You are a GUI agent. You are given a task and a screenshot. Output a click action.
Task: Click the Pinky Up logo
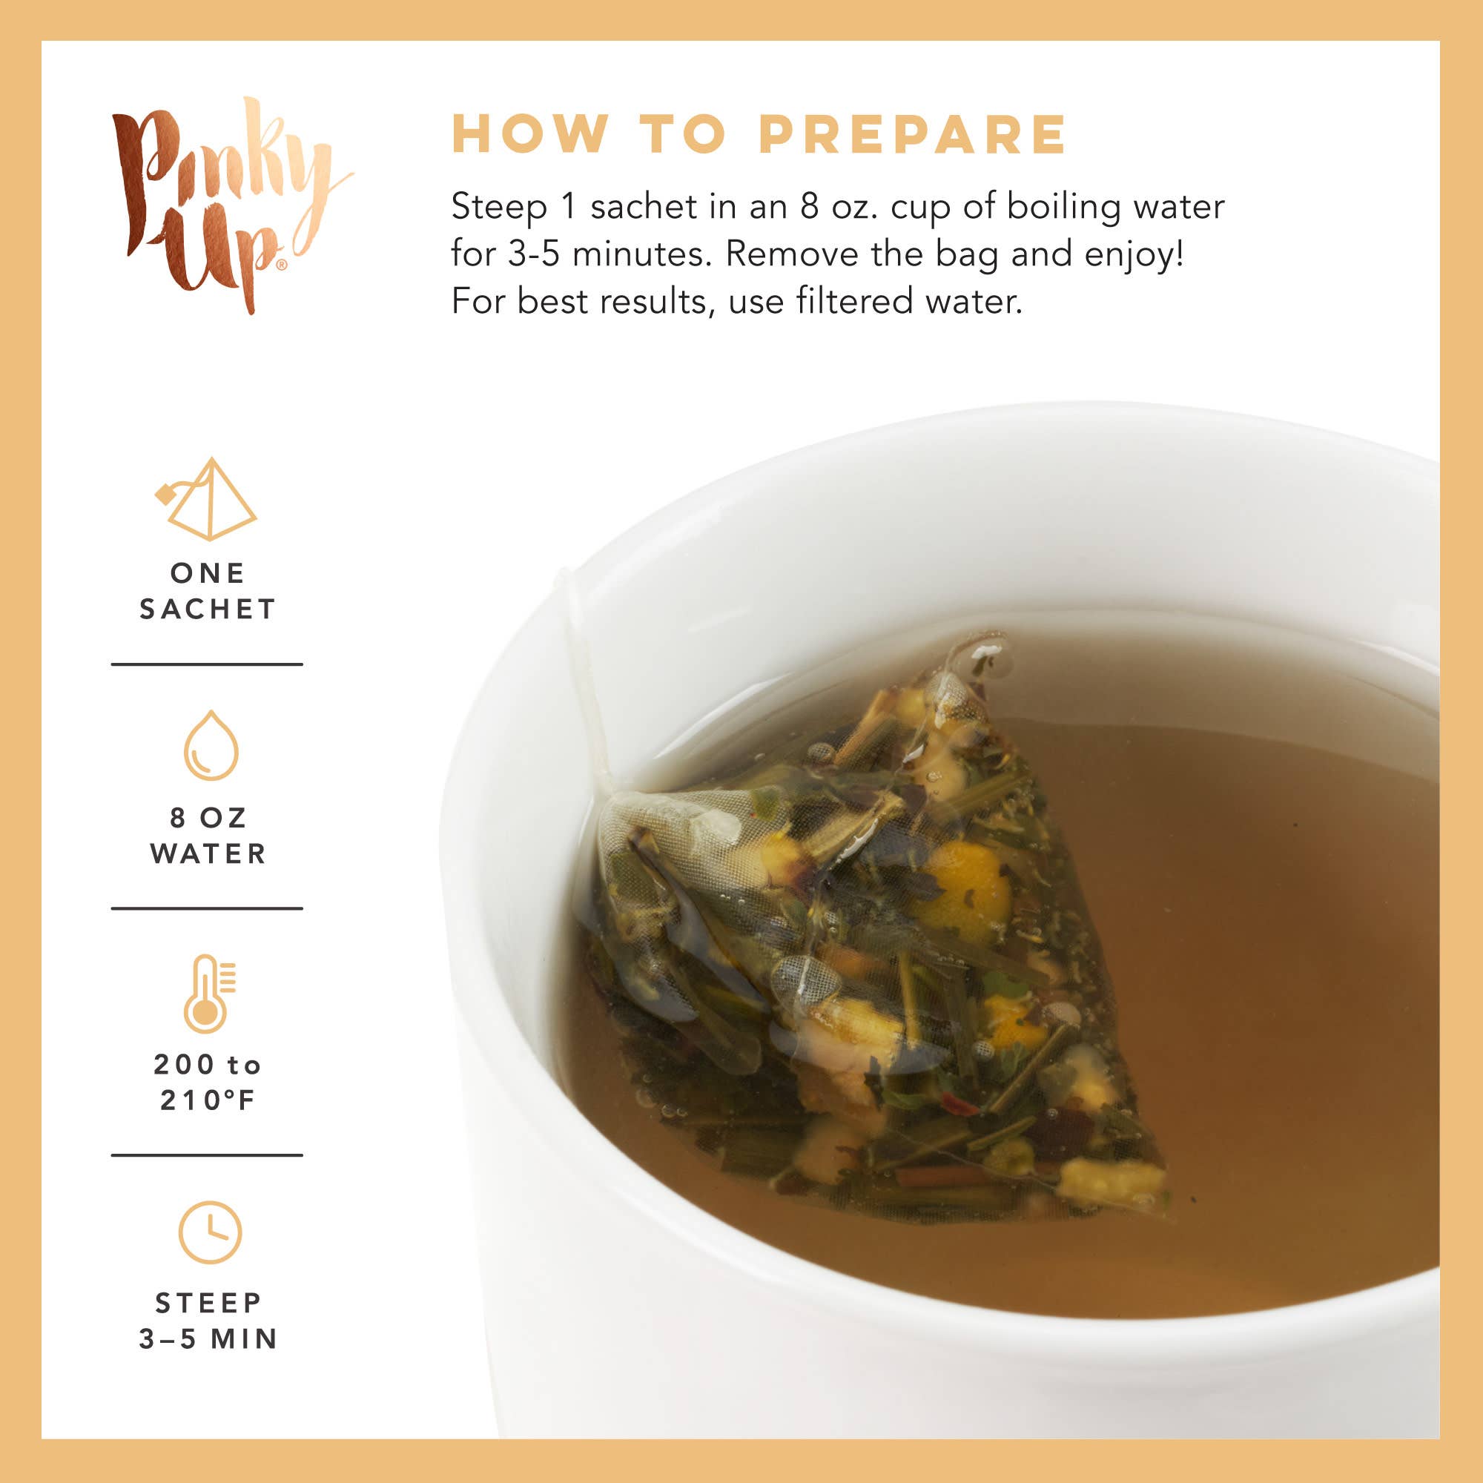click(x=226, y=205)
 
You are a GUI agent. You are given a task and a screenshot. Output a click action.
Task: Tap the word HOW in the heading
click(x=529, y=135)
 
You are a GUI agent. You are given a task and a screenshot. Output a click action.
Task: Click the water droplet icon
click(x=211, y=745)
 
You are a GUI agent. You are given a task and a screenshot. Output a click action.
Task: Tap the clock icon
click(x=210, y=1232)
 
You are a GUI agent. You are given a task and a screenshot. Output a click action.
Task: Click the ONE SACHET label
click(x=208, y=591)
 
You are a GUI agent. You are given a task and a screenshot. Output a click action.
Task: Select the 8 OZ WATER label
click(x=208, y=836)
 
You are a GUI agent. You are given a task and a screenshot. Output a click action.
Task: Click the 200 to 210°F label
click(x=208, y=1083)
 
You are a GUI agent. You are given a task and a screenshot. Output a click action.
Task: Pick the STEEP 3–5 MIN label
click(x=208, y=1321)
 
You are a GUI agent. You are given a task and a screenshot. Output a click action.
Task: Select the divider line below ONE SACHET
click(x=208, y=664)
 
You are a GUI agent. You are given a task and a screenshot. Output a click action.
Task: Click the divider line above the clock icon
click(x=208, y=1155)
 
